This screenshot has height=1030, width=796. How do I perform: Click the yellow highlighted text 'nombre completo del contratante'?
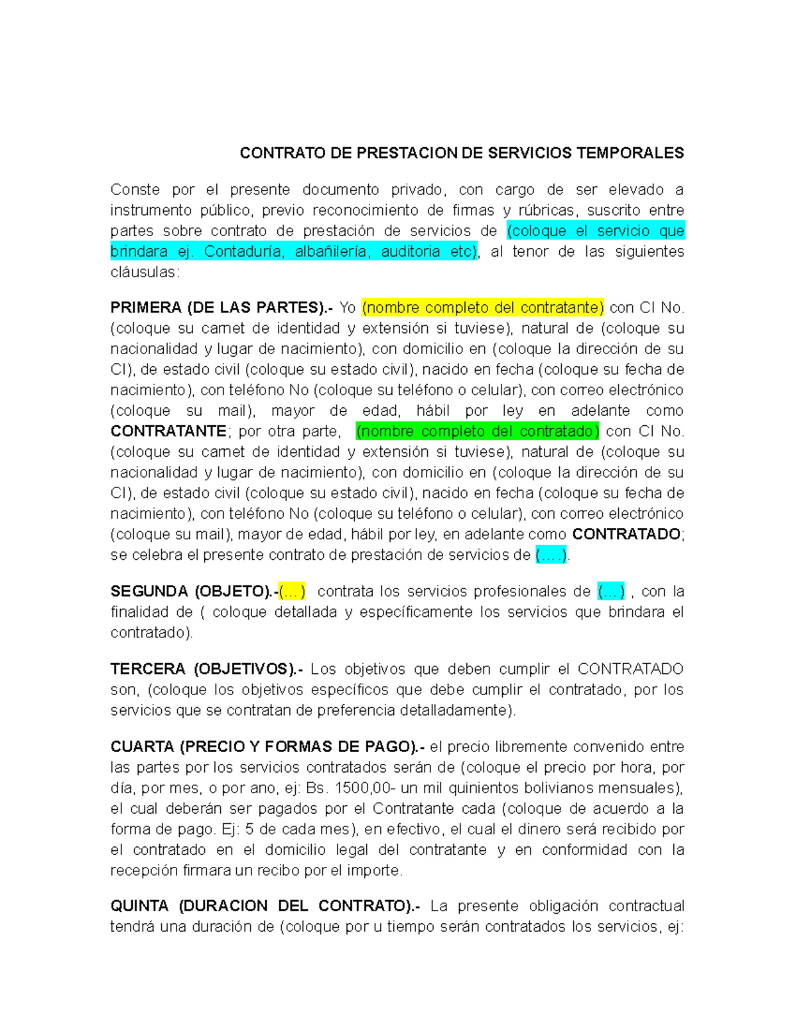(x=482, y=308)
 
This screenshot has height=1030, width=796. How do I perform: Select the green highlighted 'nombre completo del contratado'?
(x=477, y=431)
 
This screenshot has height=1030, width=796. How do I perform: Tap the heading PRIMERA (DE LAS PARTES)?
(x=220, y=308)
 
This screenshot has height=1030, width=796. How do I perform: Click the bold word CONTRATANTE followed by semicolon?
(x=168, y=431)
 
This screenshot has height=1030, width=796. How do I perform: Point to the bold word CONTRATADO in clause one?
(x=626, y=535)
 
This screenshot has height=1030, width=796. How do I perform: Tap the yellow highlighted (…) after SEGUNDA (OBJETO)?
(x=292, y=591)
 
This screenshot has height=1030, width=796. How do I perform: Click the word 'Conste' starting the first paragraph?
(x=135, y=190)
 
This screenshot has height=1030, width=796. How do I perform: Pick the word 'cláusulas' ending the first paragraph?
(x=143, y=272)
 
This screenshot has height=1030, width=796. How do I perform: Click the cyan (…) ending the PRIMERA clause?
(x=551, y=555)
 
